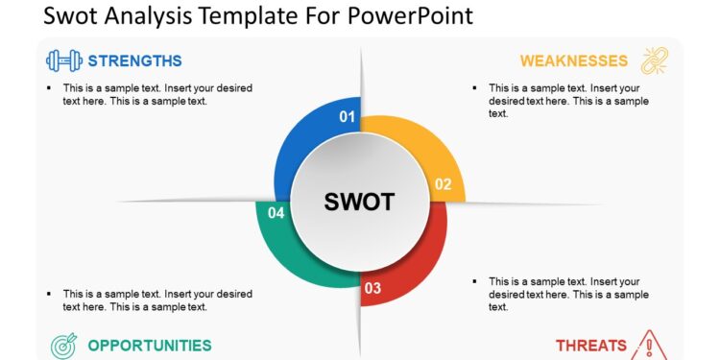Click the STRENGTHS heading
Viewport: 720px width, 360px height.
coord(134,61)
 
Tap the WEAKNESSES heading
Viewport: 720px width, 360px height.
coord(574,61)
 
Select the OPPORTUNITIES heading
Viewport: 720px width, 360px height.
coord(150,345)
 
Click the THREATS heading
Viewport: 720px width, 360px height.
coord(591,345)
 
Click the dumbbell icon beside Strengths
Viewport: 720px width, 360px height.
coord(63,60)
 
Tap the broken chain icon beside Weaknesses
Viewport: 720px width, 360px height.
coord(655,60)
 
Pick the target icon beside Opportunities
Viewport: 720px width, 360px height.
coord(62,345)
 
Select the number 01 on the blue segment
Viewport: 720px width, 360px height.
coord(348,117)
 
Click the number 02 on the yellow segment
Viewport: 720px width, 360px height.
coord(443,184)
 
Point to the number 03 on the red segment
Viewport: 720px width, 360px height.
coord(372,288)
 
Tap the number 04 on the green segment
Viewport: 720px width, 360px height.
coord(276,213)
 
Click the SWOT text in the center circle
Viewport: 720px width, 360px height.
coord(359,202)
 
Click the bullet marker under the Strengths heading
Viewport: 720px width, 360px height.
coord(48,88)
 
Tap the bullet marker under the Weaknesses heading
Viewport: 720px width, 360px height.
coord(474,88)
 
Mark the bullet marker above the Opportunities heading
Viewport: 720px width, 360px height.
coord(48,294)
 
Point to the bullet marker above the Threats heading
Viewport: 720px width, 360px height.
coord(474,281)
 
